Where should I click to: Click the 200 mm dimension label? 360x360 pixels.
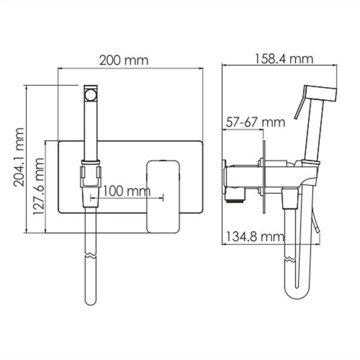124,61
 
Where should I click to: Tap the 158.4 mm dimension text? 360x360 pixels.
284,59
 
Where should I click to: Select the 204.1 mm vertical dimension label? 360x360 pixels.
19,157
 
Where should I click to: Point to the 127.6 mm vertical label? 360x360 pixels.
38,186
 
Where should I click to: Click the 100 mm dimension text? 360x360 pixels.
127,191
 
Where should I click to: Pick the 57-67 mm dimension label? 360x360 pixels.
256,122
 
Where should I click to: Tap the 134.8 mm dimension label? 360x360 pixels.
255,236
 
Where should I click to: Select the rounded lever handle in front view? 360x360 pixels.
163,197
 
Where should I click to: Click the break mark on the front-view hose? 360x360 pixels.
91,256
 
